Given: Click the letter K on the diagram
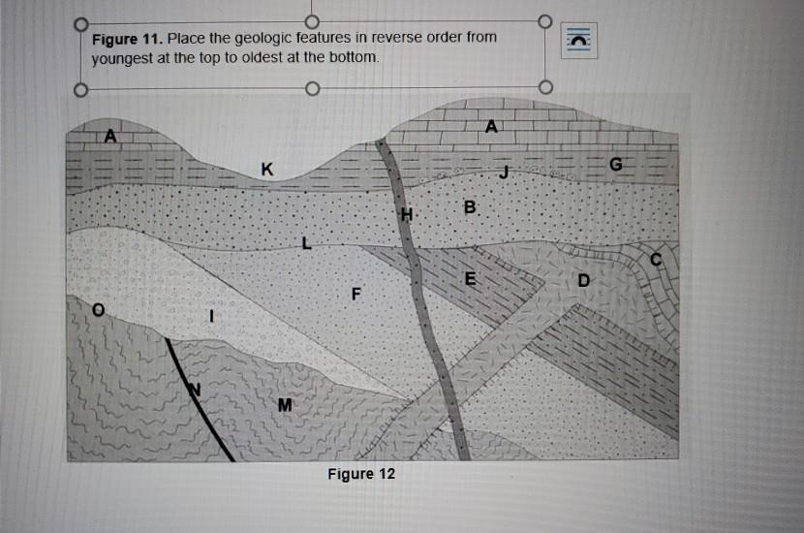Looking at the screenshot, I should coord(266,170).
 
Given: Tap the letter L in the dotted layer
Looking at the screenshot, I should coord(307,242).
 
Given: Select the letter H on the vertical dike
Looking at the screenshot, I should coord(406,214).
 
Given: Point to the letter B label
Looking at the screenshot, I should coord(470,207).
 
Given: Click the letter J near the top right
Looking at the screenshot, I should coord(503,172).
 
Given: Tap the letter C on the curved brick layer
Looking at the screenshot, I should coord(656,260).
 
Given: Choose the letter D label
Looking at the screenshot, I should coord(582,281).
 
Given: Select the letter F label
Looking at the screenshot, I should coord(356,293).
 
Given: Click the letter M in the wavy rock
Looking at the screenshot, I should coord(284,404).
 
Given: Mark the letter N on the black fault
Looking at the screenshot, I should coord(193,389).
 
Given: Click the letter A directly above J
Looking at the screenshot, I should coord(491,126).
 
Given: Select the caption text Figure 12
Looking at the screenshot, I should coord(361,474).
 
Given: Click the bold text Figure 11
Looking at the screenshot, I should coord(126,39).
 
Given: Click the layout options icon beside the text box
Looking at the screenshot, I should coord(580,40).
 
